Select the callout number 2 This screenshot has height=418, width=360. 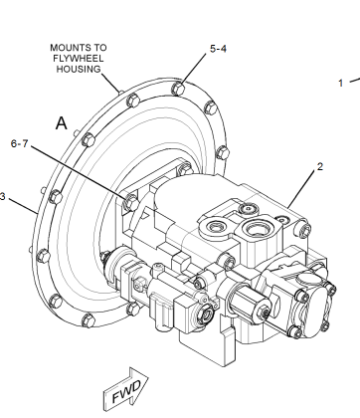coord(319,167)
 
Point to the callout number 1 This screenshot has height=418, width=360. coord(339,83)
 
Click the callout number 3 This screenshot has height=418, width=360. coord(3,197)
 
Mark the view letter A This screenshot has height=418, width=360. coord(61,123)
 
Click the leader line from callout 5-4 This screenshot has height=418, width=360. coord(196,68)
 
